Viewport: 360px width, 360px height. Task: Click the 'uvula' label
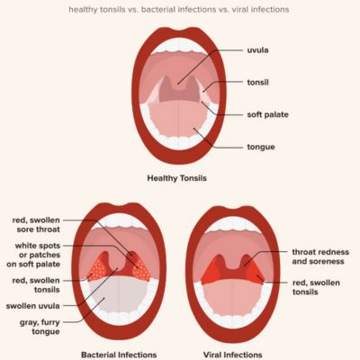click(257, 50)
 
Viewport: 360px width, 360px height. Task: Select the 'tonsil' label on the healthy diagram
click(257, 82)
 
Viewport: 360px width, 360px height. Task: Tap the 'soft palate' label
click(267, 114)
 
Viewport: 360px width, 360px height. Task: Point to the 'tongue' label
click(261, 147)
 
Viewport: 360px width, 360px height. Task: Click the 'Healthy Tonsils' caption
click(177, 178)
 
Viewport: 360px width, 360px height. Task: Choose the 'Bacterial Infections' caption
click(119, 355)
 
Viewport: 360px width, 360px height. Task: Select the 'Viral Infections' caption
click(233, 355)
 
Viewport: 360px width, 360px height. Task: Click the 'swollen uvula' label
click(33, 306)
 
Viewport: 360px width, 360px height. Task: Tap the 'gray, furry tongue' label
click(40, 327)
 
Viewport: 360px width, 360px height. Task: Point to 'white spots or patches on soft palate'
click(33, 255)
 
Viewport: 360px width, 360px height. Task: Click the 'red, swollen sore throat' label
click(36, 225)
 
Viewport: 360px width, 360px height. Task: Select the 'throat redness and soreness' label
click(320, 256)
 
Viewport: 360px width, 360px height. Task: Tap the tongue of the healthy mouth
click(178, 119)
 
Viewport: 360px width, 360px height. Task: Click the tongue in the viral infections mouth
click(233, 297)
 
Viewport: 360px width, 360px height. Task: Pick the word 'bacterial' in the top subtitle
click(157, 10)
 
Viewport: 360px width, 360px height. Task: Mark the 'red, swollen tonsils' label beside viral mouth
click(316, 287)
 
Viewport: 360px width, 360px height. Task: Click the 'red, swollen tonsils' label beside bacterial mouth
click(36, 285)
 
